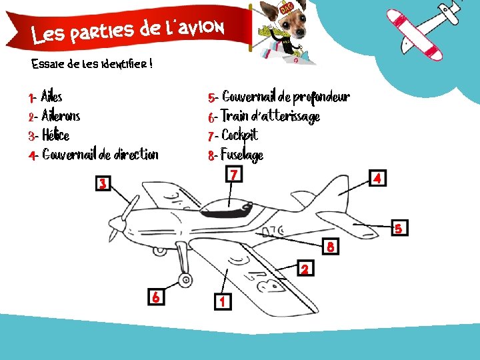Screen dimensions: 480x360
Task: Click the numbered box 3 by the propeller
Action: [103, 183]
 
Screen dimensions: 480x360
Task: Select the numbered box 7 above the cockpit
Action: [234, 174]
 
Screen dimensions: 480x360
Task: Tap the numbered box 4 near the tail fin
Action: [377, 178]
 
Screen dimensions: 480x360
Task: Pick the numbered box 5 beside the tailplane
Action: [400, 228]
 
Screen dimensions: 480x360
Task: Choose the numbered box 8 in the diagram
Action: [331, 246]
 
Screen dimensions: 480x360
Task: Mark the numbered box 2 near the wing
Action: [305, 268]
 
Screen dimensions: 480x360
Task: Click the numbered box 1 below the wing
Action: [223, 301]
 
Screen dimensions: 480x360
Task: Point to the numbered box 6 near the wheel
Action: [156, 297]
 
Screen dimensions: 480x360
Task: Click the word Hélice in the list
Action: [56, 135]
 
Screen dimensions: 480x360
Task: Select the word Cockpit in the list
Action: [240, 135]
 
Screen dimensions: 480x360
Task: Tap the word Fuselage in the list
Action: [242, 155]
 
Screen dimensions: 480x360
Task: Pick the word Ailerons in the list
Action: [61, 115]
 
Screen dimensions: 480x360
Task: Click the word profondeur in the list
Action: [321, 97]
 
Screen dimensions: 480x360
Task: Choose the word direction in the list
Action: [136, 154]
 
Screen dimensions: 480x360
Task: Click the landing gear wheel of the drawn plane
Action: [185, 280]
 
